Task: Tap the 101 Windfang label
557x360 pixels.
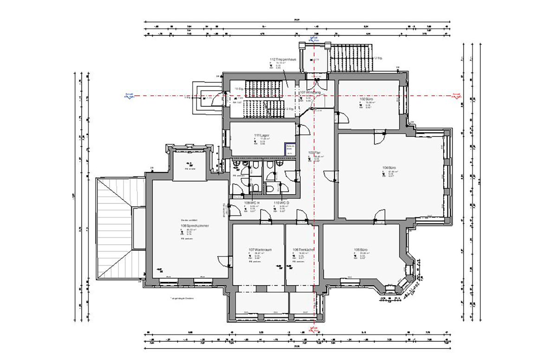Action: [x=310, y=92]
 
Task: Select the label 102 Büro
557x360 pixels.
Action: [x=367, y=99]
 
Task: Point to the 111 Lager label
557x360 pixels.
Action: [x=262, y=135]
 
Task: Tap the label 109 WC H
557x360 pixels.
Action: [x=251, y=203]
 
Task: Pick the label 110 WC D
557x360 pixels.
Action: [x=281, y=203]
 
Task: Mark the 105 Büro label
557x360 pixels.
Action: [x=361, y=250]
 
